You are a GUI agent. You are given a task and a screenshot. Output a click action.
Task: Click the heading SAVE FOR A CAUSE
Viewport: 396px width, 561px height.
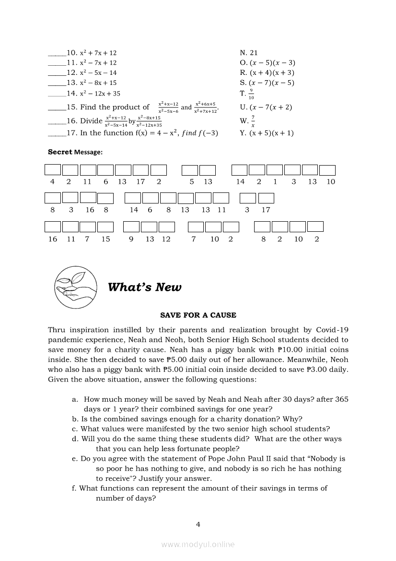pos(198,315)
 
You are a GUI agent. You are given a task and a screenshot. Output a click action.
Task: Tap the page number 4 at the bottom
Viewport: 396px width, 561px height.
pos(198,524)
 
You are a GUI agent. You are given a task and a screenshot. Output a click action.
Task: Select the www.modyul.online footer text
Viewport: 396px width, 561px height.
pos(198,544)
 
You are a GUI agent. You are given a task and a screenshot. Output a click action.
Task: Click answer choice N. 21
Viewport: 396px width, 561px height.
pos(249,53)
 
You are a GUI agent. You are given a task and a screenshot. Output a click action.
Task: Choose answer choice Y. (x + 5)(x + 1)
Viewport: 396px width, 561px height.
pos(267,133)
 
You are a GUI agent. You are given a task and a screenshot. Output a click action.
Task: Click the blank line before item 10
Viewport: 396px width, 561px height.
pos(57,53)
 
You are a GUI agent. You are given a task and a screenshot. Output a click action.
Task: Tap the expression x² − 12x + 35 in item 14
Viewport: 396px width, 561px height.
pos(100,94)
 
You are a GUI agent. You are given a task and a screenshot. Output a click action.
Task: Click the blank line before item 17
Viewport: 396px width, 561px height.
pos(57,133)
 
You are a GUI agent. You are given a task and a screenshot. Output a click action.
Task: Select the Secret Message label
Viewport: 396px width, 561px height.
pos(75,152)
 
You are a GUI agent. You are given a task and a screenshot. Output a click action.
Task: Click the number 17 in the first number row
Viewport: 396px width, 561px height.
pos(140,182)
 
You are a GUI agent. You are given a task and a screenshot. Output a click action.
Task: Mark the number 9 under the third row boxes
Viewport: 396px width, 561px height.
pos(131,239)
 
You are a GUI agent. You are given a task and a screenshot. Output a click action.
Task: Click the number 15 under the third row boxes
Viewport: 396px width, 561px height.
pos(105,239)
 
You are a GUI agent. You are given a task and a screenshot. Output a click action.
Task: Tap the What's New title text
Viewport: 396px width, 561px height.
pos(145,287)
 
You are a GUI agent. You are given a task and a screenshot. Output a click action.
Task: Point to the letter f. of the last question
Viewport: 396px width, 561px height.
pos(75,488)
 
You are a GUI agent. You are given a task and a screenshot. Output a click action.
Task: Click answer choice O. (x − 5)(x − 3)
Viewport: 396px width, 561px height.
pos(268,63)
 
